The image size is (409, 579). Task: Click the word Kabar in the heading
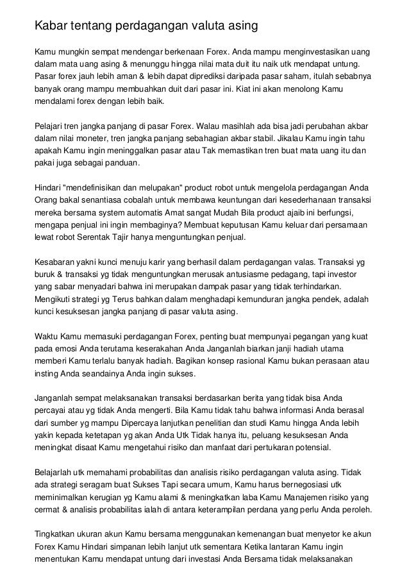51,26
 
